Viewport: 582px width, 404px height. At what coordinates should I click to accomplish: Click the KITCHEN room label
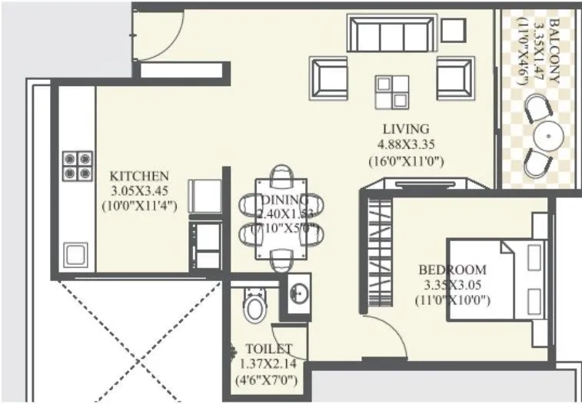tap(138, 175)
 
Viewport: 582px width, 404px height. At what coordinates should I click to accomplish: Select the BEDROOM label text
tap(452, 270)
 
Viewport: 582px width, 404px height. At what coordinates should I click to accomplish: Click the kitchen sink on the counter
tap(75, 254)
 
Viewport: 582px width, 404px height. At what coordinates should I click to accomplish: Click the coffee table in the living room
tap(392, 93)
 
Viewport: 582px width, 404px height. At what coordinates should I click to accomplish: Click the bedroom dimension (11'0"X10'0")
tap(452, 300)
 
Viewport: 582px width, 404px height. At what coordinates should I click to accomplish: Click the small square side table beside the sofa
tap(454, 29)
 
